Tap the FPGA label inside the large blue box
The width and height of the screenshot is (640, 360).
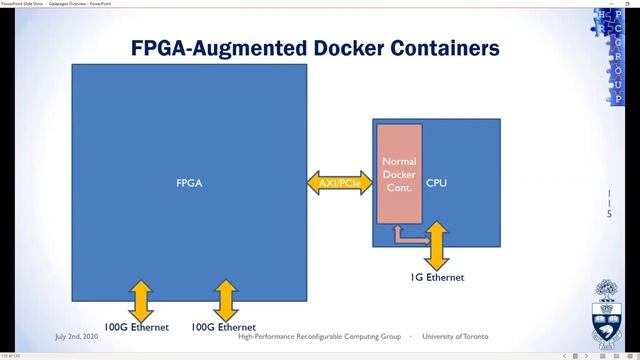189,183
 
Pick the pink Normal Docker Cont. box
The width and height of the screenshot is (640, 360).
399,175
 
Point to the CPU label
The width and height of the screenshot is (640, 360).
437,183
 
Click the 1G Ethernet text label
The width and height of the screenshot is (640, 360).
438,277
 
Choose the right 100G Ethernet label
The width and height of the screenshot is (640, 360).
224,327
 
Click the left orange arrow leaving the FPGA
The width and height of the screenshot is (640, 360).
140,298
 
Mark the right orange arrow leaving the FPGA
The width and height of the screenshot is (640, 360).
225,298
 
